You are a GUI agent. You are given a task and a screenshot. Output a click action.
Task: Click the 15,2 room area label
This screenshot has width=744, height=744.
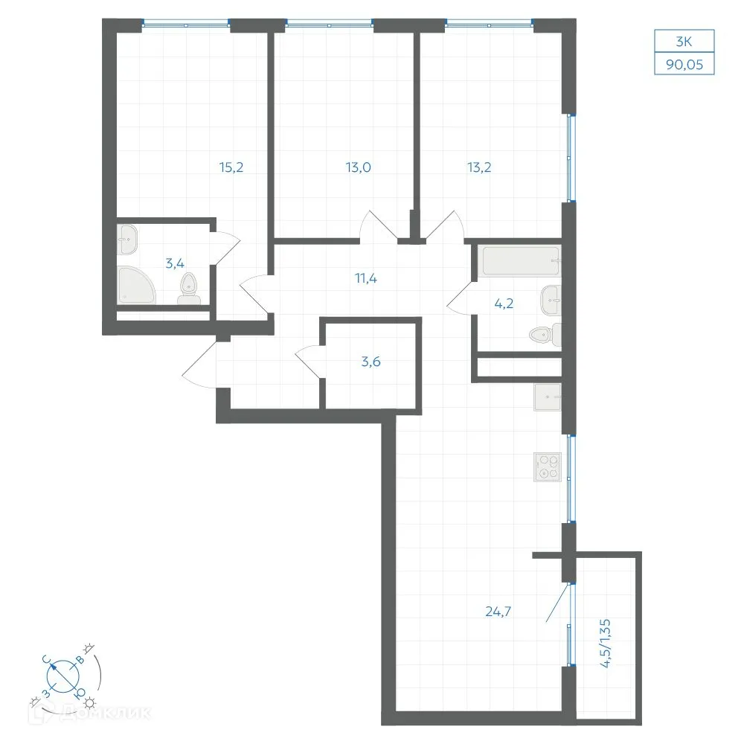pyautogui.click(x=231, y=167)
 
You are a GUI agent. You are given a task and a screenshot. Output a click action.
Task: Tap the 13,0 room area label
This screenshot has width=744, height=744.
pyautogui.click(x=359, y=167)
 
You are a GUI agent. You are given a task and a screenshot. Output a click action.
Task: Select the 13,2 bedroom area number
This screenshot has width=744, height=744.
pyautogui.click(x=479, y=167)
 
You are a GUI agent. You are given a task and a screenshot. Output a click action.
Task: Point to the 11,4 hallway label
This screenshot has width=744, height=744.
pyautogui.click(x=366, y=278)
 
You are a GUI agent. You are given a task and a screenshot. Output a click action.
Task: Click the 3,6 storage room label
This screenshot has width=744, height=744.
pyautogui.click(x=371, y=362)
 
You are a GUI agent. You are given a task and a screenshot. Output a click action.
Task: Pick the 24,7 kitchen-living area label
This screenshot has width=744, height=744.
pyautogui.click(x=498, y=612)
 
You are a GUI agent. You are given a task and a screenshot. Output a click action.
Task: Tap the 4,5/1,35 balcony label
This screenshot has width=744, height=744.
pyautogui.click(x=605, y=644)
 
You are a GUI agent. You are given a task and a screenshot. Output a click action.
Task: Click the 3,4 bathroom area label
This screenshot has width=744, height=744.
pyautogui.click(x=175, y=263)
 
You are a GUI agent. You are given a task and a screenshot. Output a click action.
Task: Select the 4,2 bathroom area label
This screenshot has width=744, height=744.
pyautogui.click(x=504, y=303)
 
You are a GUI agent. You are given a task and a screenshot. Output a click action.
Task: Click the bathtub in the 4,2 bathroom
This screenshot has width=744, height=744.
pyautogui.click(x=522, y=261)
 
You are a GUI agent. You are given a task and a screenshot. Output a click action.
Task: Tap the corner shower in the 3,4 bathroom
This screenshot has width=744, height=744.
pyautogui.click(x=136, y=285)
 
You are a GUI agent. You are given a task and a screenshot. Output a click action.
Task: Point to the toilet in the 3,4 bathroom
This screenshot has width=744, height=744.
pyautogui.click(x=189, y=289)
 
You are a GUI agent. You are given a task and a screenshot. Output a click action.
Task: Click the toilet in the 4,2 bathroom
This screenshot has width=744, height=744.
pyautogui.click(x=545, y=335)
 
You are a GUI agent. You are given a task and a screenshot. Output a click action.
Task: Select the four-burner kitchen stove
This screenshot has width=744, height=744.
pyautogui.click(x=548, y=467)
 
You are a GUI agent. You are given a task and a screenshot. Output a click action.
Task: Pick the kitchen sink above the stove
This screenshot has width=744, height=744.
pyautogui.click(x=548, y=397)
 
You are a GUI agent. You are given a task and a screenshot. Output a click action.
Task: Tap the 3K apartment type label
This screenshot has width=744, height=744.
pyautogui.click(x=684, y=42)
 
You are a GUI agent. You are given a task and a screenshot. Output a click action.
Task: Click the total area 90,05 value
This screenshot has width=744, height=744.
pyautogui.click(x=684, y=65)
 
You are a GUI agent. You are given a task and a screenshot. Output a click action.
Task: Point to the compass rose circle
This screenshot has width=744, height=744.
pyautogui.click(x=63, y=676)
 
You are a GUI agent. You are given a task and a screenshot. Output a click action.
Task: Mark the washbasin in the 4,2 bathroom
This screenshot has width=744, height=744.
pyautogui.click(x=551, y=300)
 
